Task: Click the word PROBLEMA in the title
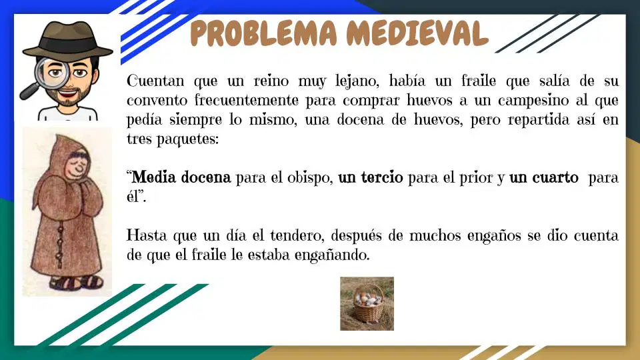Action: [264, 33]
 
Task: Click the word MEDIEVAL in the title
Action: [417, 33]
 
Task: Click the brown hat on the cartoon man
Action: [68, 39]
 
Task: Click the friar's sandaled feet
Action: [76, 281]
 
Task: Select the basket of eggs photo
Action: [367, 304]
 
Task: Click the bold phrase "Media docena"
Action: [181, 177]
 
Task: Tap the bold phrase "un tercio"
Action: [371, 177]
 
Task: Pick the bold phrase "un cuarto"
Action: [544, 177]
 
